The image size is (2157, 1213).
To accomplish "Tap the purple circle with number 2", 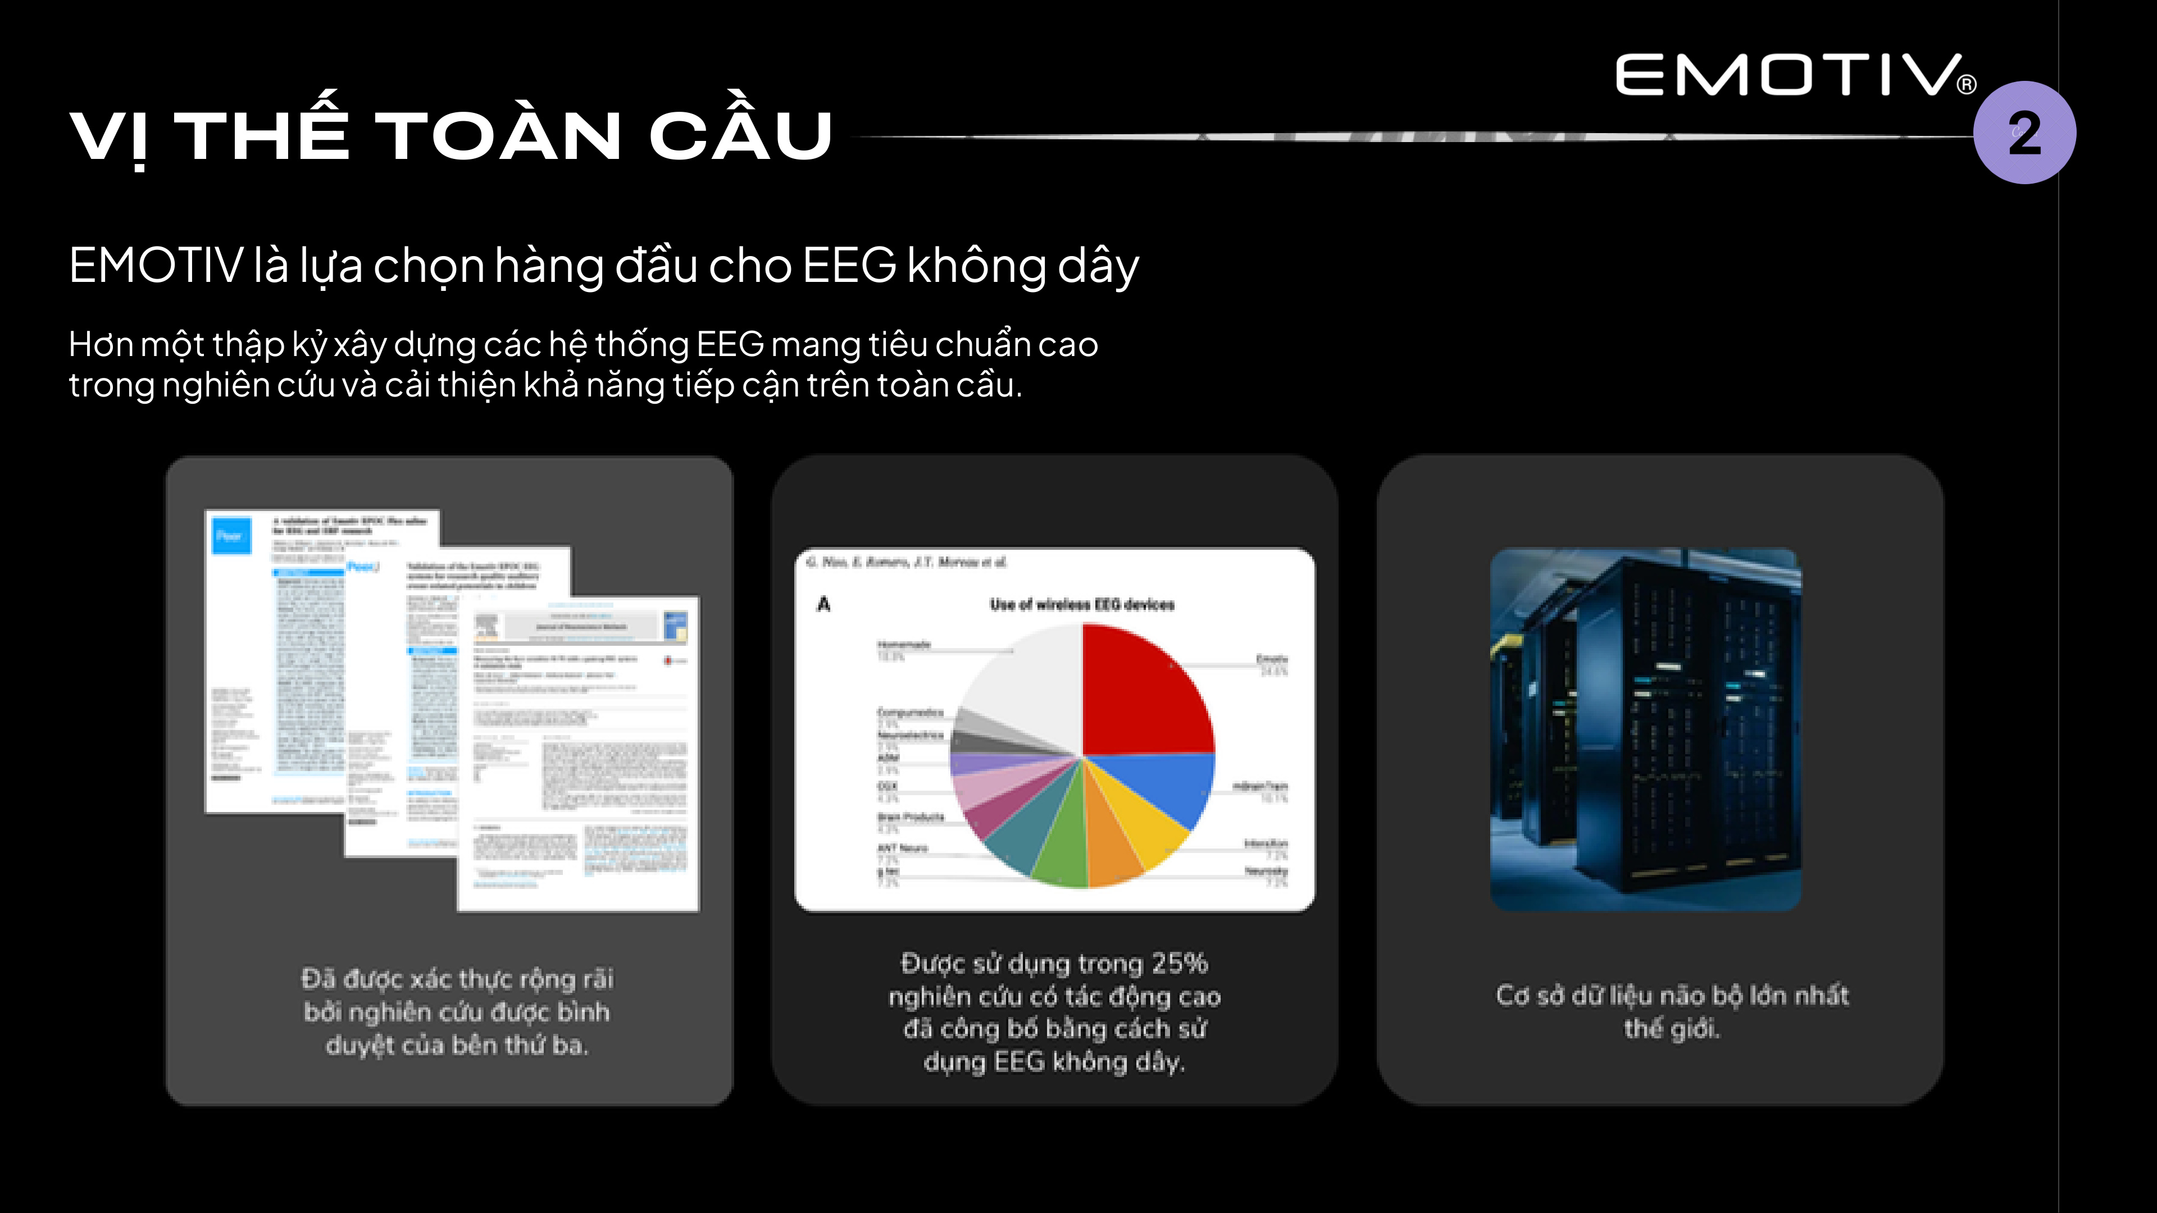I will [x=2024, y=133].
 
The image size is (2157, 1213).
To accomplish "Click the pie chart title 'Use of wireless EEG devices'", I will [x=1082, y=604].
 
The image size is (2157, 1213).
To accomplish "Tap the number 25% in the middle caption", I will [x=1179, y=964].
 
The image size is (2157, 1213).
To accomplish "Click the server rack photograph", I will [x=1645, y=728].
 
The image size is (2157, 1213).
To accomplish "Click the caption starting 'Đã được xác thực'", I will [x=457, y=1011].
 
